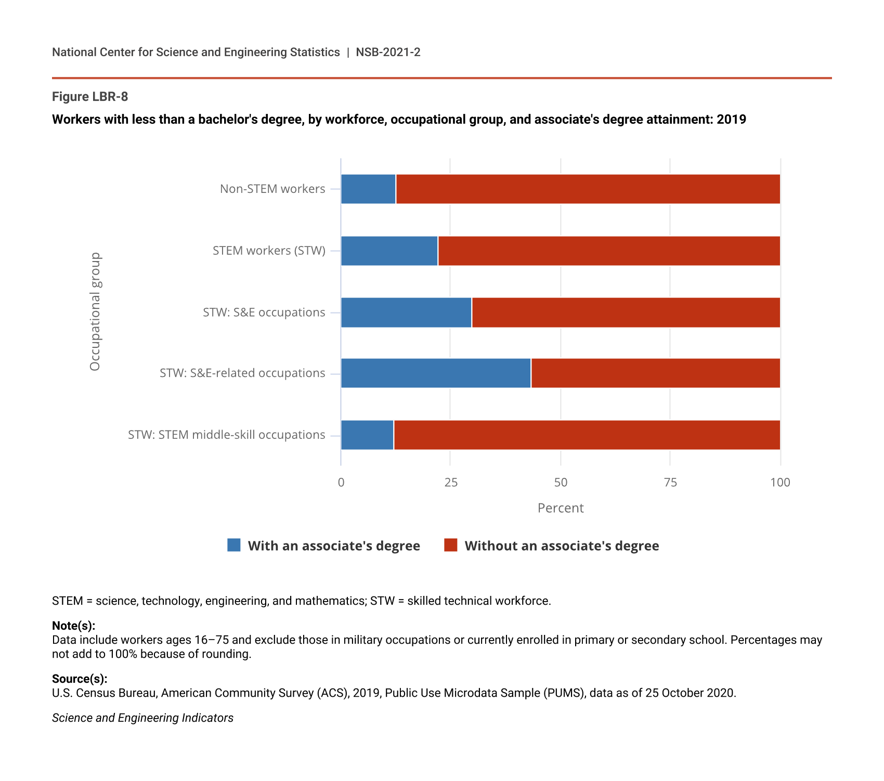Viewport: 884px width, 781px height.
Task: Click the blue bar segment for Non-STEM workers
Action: tap(368, 189)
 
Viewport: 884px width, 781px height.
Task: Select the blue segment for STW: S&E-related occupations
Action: tap(436, 373)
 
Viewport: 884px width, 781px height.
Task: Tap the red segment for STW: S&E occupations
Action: tap(626, 313)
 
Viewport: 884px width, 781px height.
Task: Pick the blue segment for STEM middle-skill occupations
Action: tap(367, 435)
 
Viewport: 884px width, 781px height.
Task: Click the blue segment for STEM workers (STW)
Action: tap(389, 251)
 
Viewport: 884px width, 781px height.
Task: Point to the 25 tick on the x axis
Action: tap(451, 483)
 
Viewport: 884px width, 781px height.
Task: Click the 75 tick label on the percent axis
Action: tap(670, 483)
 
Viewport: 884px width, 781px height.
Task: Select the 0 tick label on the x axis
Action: tap(341, 483)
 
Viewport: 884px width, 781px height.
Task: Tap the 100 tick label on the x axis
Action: tap(780, 483)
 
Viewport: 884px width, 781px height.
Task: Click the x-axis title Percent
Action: tap(561, 508)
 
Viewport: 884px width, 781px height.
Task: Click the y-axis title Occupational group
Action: tap(95, 311)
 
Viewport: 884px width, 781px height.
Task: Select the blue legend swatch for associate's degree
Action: tap(234, 545)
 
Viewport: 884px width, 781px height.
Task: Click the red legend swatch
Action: tap(451, 545)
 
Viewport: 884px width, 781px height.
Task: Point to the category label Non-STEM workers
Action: tap(272, 189)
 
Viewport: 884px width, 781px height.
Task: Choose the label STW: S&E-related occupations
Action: tap(242, 373)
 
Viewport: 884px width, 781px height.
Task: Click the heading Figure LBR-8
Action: tap(90, 97)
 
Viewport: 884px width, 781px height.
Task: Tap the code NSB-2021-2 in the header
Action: tap(388, 52)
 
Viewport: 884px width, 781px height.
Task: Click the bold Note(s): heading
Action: tap(73, 626)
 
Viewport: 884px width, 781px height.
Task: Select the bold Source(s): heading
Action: tap(80, 679)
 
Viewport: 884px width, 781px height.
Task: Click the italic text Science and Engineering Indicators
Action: tap(142, 718)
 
